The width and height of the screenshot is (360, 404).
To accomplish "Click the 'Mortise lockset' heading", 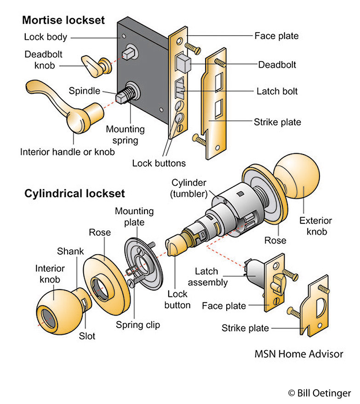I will tap(63, 21).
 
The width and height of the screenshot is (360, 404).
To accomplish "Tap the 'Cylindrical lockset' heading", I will tap(74, 193).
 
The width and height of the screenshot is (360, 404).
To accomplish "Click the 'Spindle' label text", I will tap(84, 91).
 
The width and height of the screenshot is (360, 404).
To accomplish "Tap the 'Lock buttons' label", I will tap(159, 163).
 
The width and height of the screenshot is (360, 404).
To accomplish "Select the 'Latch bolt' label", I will tap(277, 91).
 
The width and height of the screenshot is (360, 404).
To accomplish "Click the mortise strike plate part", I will tap(214, 106).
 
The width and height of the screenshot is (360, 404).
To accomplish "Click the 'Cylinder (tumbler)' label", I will tap(190, 188).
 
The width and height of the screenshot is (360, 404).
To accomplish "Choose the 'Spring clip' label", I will tap(138, 325).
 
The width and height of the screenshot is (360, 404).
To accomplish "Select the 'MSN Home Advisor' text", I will tap(299, 354).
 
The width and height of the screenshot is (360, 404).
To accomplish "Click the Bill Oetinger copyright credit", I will tap(319, 393).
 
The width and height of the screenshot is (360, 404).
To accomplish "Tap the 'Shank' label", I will tap(70, 251).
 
